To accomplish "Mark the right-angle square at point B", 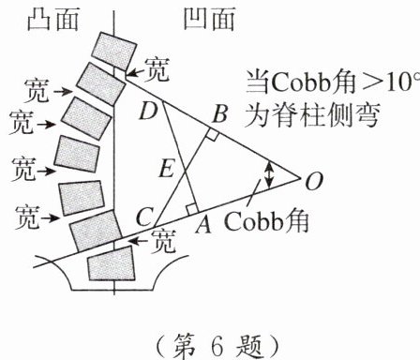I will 213,136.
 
